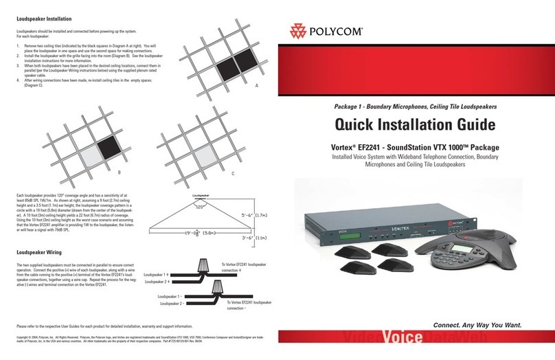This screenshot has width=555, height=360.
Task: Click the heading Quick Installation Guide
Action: click(414, 125)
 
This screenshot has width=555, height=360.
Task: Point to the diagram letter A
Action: click(256, 85)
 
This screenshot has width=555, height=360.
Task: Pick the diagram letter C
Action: click(232, 173)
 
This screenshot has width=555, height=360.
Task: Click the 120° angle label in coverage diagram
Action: click(200, 205)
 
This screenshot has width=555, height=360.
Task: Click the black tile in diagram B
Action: click(108, 146)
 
